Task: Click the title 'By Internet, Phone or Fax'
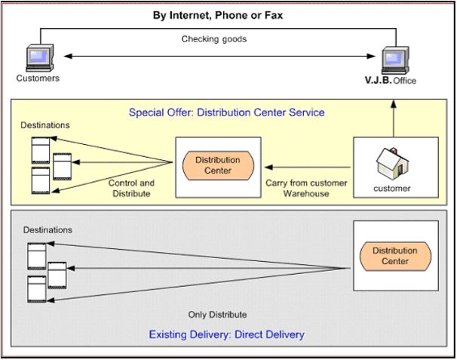click(x=229, y=15)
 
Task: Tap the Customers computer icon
click(x=38, y=57)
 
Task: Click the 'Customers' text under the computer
click(x=37, y=78)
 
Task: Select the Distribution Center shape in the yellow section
click(x=218, y=165)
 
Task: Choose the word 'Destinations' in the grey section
click(x=46, y=228)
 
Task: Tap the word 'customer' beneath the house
click(x=392, y=189)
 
